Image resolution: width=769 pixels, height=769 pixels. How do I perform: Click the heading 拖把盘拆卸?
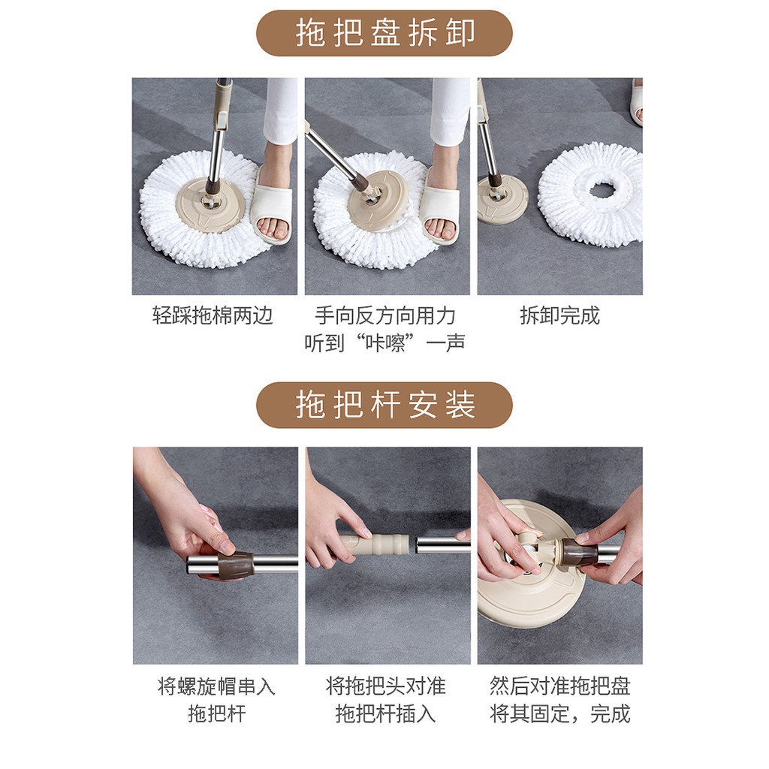point(385,33)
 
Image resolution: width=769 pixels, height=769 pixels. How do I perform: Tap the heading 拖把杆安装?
point(385,405)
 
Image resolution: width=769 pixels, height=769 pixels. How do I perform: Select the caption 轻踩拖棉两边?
point(213,315)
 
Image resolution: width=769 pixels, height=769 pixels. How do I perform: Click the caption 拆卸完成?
point(559,315)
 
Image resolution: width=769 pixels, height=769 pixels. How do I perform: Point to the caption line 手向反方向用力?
point(385,315)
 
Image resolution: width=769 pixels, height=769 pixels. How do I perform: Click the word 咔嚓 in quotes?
point(385,342)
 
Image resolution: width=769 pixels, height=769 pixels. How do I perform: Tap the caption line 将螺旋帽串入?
point(216,686)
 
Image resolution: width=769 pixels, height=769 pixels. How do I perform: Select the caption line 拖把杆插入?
point(385,713)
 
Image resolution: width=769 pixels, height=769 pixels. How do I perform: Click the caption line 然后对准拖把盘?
point(559,686)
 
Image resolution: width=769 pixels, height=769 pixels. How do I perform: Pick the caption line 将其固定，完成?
point(559,713)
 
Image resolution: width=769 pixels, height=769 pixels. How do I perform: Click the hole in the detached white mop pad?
point(602,188)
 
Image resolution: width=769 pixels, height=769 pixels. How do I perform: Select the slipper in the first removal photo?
point(271,207)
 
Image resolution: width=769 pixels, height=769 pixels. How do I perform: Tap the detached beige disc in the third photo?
point(502,200)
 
